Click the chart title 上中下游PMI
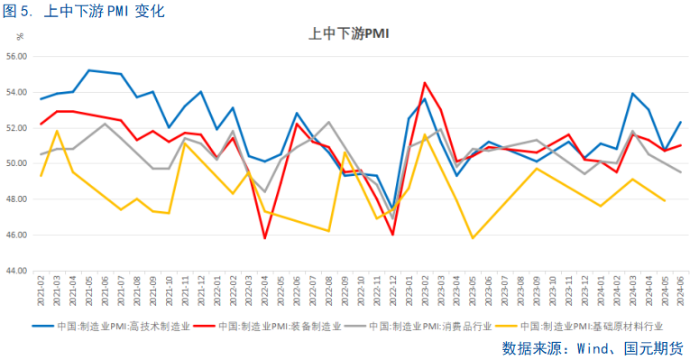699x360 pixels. pyautogui.click(x=349, y=34)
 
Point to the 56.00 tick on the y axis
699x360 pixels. pyautogui.click(x=17, y=56)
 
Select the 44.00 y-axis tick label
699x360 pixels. pyautogui.click(x=17, y=271)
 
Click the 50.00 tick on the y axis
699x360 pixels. pyautogui.click(x=17, y=163)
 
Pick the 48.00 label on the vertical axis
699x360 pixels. pyautogui.click(x=17, y=199)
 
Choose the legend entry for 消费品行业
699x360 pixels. pyautogui.click(x=434, y=327)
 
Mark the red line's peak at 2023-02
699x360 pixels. pyautogui.click(x=425, y=83)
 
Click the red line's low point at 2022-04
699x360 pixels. pyautogui.click(x=264, y=238)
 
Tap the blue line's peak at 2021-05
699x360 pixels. pyautogui.click(x=89, y=69)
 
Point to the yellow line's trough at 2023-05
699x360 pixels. pyautogui.click(x=473, y=238)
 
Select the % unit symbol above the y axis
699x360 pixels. pyautogui.click(x=19, y=37)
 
